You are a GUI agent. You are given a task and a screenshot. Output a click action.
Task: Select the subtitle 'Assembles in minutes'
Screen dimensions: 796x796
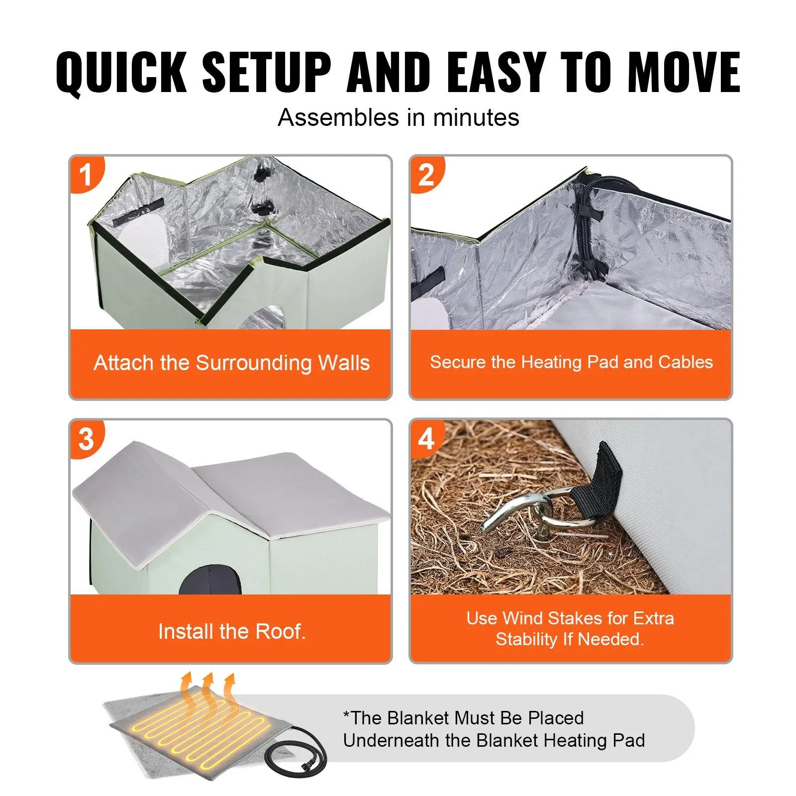tap(398, 118)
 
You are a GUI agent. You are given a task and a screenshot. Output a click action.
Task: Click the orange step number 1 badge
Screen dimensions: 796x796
tap(87, 174)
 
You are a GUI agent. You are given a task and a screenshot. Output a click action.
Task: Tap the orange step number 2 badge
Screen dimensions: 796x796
tap(427, 174)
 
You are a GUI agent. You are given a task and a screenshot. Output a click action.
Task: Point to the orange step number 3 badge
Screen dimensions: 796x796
tap(87, 439)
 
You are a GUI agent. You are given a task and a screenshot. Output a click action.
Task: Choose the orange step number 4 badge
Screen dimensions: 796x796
tap(427, 439)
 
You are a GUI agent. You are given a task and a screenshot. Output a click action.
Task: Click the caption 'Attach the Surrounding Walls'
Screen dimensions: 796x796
tap(232, 363)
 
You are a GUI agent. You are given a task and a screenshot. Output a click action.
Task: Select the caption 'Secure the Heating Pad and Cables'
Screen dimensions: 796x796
tap(571, 362)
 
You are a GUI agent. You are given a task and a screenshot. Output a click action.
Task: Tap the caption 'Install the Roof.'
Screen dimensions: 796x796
tap(232, 631)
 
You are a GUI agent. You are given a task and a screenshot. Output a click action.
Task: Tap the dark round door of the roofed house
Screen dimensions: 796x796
tap(210, 580)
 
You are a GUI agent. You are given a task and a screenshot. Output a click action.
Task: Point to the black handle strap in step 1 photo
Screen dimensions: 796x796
tap(138, 211)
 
